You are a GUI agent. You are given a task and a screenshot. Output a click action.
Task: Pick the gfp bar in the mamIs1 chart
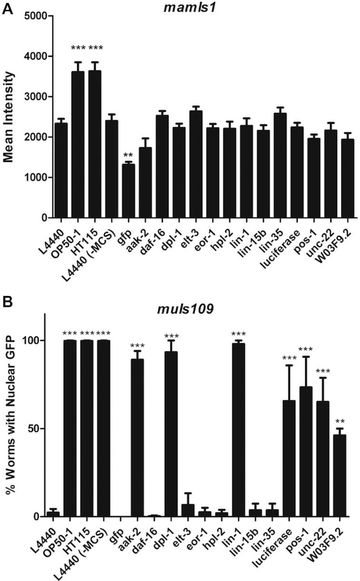(129, 191)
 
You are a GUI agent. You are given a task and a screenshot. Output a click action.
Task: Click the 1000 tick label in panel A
(38, 178)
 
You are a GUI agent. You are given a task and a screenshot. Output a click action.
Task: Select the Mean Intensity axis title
(9, 116)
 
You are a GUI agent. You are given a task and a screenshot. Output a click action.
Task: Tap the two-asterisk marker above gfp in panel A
(129, 156)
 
